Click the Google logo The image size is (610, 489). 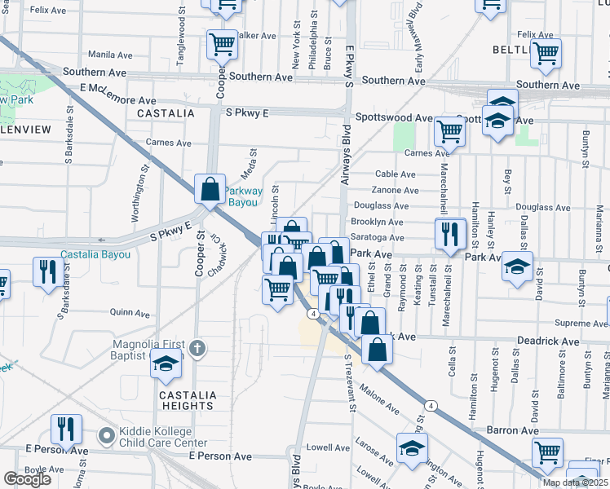pos(27,479)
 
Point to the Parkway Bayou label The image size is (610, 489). pos(245,196)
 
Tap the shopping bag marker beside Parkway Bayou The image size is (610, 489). pos(210,188)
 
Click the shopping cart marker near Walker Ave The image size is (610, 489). pos(222,45)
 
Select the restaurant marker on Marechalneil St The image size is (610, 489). pos(449,234)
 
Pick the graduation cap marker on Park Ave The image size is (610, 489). pos(516,267)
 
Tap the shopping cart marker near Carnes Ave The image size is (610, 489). pos(449,130)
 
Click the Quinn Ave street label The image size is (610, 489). pos(130,312)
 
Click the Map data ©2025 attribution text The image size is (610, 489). pos(575,482)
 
